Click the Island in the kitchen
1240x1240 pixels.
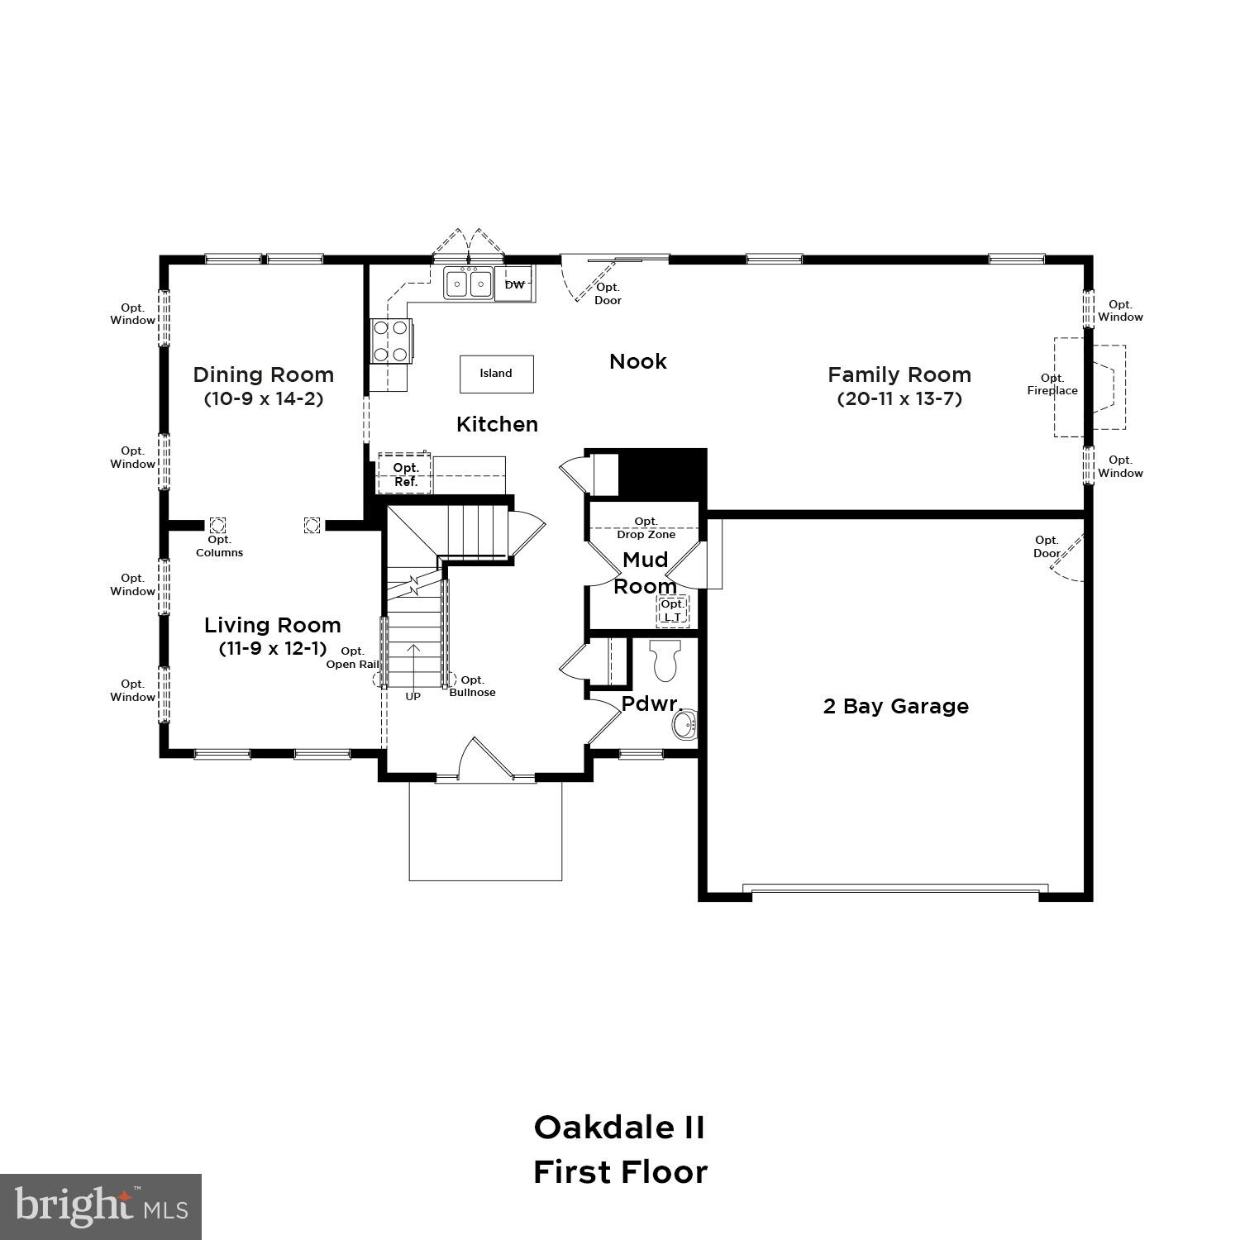[496, 374]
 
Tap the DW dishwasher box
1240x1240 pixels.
[514, 285]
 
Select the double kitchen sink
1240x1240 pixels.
[468, 284]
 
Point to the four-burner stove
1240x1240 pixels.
[391, 341]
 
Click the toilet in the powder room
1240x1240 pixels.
[665, 659]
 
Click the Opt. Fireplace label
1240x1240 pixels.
[1052, 384]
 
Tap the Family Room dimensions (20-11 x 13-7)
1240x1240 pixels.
[899, 398]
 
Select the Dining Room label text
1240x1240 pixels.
[264, 374]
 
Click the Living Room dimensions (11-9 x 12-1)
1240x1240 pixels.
[273, 648]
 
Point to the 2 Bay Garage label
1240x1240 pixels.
[896, 706]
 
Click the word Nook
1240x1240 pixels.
[637, 361]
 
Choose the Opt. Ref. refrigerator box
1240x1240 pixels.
[405, 475]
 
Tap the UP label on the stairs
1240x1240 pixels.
[413, 696]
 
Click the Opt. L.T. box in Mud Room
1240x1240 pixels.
[672, 611]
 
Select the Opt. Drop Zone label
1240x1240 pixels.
[646, 527]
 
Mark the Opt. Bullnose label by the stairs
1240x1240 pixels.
[472, 686]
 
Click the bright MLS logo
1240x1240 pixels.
[101, 1207]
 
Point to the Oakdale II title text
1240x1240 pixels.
[619, 1128]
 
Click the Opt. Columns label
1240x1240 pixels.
[219, 546]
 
